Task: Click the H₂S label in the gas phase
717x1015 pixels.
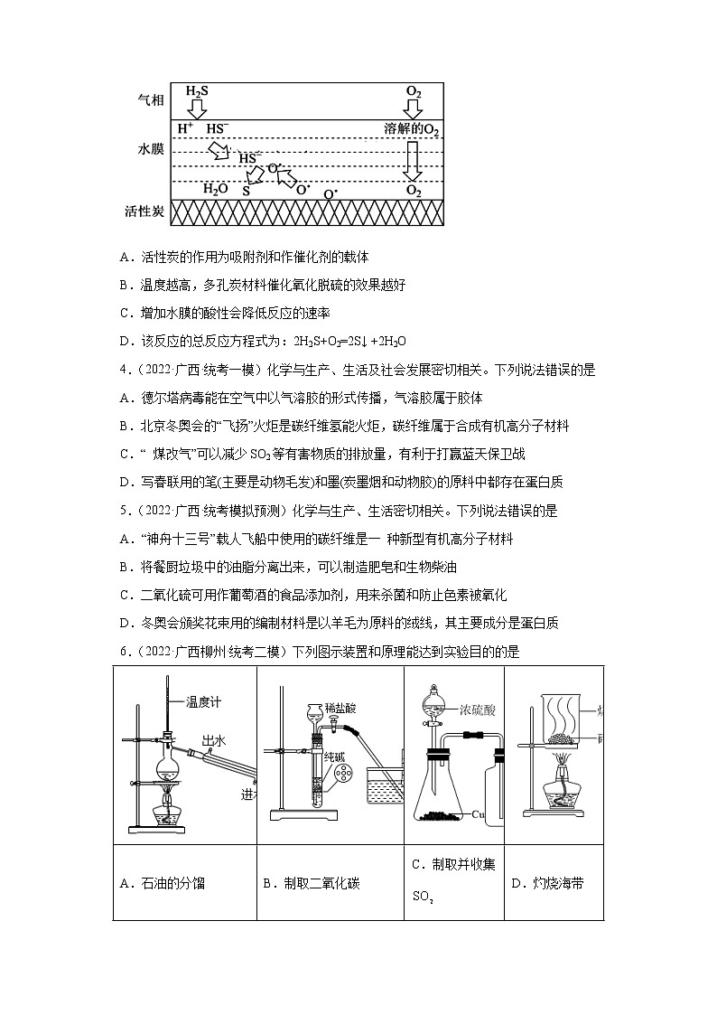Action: coord(196,92)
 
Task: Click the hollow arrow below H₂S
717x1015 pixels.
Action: coord(196,108)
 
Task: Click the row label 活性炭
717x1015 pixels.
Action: coord(144,211)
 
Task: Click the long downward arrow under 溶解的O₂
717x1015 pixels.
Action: coord(413,162)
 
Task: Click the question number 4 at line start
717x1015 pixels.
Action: coord(123,370)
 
